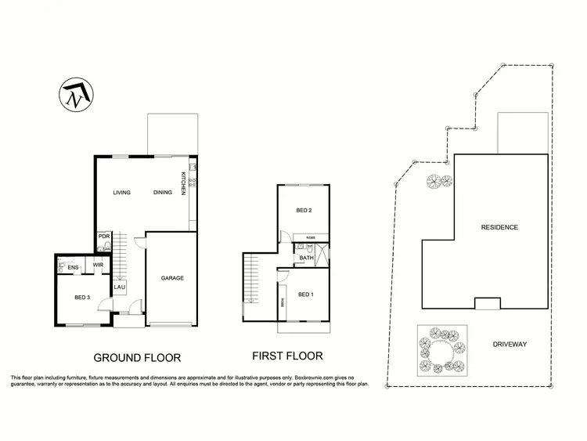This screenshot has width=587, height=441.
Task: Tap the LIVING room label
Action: [121, 193]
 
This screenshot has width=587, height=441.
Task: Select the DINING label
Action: [163, 193]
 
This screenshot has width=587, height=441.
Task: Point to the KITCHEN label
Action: [184, 183]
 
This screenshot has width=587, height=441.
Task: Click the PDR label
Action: [103, 237]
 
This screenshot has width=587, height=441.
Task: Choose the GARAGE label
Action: [172, 278]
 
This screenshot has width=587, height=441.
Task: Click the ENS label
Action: [72, 269]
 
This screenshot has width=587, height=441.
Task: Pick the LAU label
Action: [120, 287]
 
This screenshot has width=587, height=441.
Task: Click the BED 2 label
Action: [304, 211]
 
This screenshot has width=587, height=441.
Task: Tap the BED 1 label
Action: [306, 294]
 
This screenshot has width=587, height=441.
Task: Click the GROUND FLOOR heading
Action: [137, 358]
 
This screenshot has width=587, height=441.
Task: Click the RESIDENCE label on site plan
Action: [499, 228]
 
